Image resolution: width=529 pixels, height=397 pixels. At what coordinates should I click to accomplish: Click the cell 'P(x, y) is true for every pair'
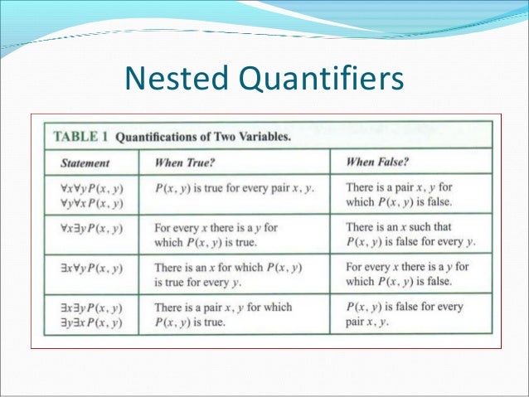tap(235, 188)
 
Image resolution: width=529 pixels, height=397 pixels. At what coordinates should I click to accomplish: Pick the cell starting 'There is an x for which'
tap(228, 274)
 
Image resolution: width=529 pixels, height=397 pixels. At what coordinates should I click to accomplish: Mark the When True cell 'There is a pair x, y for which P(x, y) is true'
tap(223, 314)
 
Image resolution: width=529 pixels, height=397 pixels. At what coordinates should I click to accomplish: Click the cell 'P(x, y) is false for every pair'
tap(405, 313)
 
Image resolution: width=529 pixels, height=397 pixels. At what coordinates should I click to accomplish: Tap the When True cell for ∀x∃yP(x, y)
tap(216, 235)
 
